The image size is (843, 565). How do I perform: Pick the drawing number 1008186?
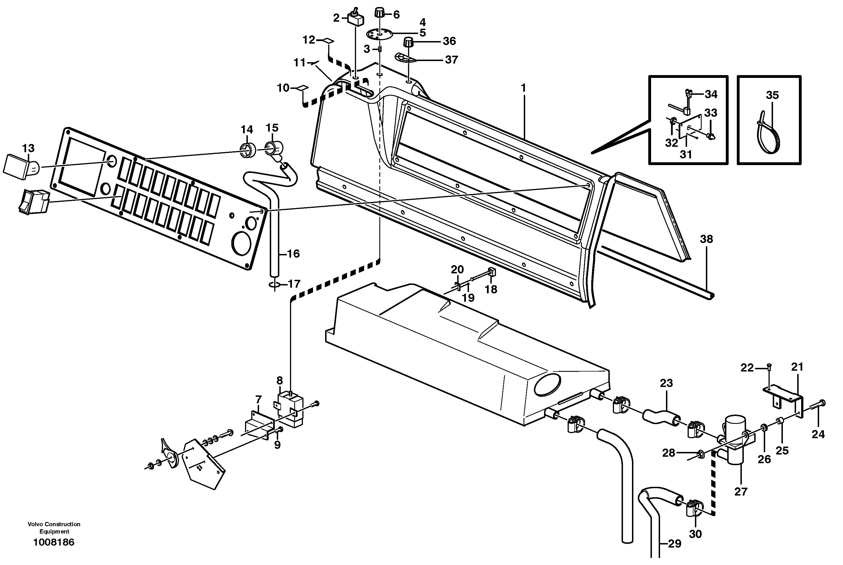(54, 542)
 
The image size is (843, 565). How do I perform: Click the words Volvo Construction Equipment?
(54, 528)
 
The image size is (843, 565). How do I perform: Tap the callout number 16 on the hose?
(293, 254)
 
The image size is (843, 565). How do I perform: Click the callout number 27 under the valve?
(741, 492)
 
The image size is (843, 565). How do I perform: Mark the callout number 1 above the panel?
(524, 87)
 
